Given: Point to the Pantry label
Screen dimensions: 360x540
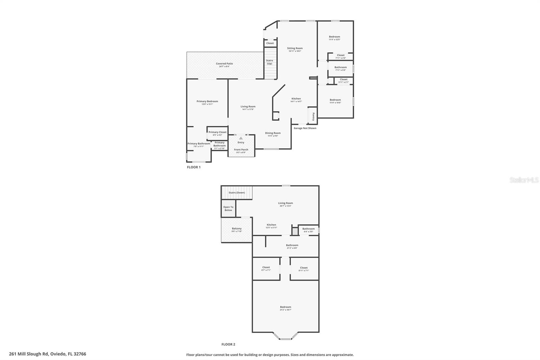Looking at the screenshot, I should coord(313,117).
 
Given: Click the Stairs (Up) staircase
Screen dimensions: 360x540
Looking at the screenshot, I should coord(270,64).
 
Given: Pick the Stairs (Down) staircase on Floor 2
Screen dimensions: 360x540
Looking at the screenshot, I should coord(237,193).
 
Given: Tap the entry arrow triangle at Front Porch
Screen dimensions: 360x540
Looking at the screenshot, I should coord(241,138).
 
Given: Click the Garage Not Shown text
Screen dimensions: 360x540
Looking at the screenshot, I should coord(305,128).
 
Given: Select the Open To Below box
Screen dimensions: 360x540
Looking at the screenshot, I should coord(228,209).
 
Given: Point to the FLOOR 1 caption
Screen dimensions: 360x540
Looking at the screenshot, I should coord(194,167).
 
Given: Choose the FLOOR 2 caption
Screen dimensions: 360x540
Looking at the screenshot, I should coord(228,344).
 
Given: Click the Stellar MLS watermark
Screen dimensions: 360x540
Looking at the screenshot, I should coord(524,180).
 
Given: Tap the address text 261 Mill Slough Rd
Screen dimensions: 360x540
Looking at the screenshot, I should coord(48,354).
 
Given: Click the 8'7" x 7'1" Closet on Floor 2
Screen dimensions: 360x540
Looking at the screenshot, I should coord(266,268).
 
